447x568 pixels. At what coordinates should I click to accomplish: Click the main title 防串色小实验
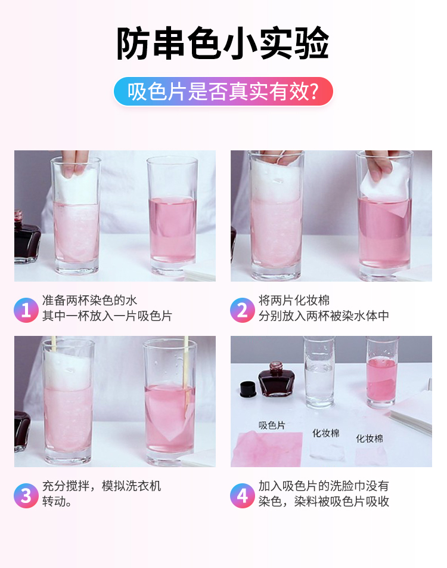pyautogui.click(x=222, y=43)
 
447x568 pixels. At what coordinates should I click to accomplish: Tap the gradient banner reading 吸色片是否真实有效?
pyautogui.click(x=223, y=91)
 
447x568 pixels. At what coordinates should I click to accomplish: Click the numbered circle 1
pyautogui.click(x=26, y=310)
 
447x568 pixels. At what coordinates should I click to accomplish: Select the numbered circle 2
pyautogui.click(x=243, y=310)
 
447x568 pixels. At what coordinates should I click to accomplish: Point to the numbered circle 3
pyautogui.click(x=26, y=496)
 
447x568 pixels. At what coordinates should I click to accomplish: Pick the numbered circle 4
pyautogui.click(x=243, y=496)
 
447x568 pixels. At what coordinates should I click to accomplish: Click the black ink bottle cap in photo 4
pyautogui.click(x=248, y=388)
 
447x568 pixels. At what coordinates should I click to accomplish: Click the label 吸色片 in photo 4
pyautogui.click(x=272, y=425)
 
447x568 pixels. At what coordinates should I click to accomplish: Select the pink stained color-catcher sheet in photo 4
pyautogui.click(x=267, y=449)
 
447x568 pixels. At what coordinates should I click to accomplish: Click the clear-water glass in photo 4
pyautogui.click(x=318, y=372)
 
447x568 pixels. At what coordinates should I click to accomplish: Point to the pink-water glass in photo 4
pyautogui.click(x=382, y=372)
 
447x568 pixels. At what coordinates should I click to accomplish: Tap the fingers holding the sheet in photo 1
pyautogui.click(x=74, y=163)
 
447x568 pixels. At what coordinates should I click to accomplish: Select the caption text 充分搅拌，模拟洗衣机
pyautogui.click(x=102, y=486)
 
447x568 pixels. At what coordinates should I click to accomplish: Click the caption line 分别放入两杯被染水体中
pyautogui.click(x=324, y=316)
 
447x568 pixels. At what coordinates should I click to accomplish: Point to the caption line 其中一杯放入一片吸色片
pyautogui.click(x=107, y=316)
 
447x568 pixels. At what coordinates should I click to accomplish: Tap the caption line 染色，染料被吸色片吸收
pyautogui.click(x=324, y=501)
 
